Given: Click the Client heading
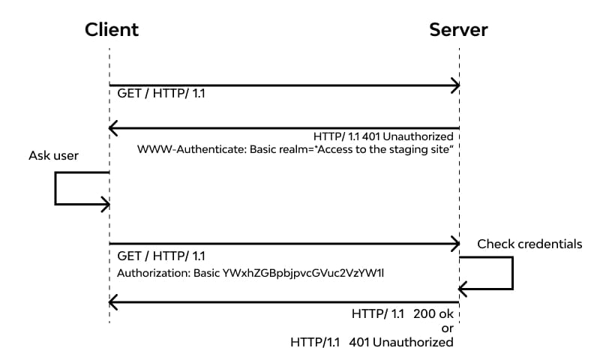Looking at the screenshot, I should pos(111,30).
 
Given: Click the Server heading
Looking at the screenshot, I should pos(458,30).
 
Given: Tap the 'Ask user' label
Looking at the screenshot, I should pos(53,156).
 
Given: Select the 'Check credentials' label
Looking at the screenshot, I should pos(529,244).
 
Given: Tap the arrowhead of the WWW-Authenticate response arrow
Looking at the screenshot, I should pos(114,127).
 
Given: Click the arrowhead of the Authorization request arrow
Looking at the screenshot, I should pos(454,244).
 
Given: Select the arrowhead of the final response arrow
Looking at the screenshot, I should pos(114,302).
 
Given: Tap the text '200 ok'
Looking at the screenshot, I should pos(433,314).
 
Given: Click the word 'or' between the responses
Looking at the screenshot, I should pos(448,328).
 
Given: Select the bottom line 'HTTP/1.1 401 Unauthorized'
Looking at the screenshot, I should pos(372,342).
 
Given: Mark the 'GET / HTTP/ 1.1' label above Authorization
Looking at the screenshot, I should pos(161,256).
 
